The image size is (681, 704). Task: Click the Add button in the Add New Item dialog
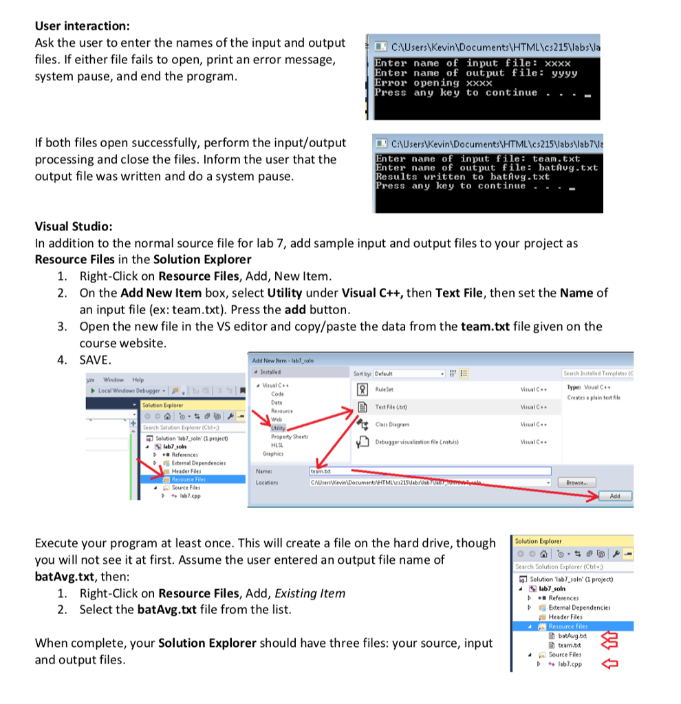[614, 496]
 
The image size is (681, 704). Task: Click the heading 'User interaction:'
[82, 26]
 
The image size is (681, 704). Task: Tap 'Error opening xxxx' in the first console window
[433, 82]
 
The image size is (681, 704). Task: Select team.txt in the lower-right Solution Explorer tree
[568, 645]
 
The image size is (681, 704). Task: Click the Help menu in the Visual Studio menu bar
[138, 379]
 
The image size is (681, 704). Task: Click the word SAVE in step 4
[96, 360]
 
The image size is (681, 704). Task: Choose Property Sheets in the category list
[289, 437]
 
